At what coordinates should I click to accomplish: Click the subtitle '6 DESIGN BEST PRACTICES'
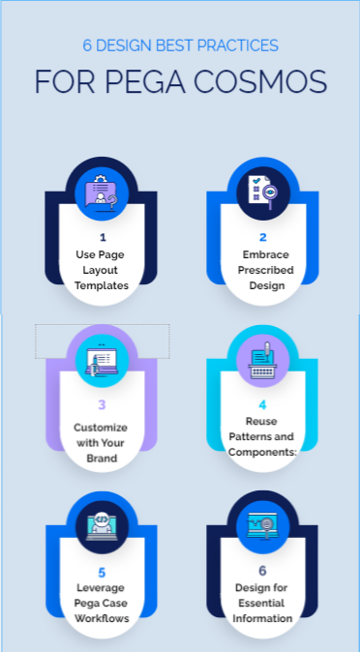(180, 44)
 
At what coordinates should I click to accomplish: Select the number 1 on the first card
(103, 236)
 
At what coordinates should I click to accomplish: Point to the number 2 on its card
(262, 237)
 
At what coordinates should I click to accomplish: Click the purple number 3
(103, 405)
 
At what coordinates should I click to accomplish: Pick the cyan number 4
(262, 404)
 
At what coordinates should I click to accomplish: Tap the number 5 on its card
(103, 572)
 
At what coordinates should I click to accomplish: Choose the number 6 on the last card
(262, 571)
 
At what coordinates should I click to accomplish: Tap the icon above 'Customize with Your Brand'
(102, 359)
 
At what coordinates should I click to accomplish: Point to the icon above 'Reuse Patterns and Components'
(263, 359)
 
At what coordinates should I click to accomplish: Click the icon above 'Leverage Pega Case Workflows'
(102, 526)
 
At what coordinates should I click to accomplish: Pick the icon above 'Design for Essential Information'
(263, 526)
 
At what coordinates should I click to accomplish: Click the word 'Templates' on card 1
(103, 285)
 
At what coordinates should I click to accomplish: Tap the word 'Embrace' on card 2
(262, 254)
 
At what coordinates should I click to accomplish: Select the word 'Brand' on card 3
(103, 458)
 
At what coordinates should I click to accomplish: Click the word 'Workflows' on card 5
(103, 618)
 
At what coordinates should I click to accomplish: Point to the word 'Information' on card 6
(263, 618)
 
